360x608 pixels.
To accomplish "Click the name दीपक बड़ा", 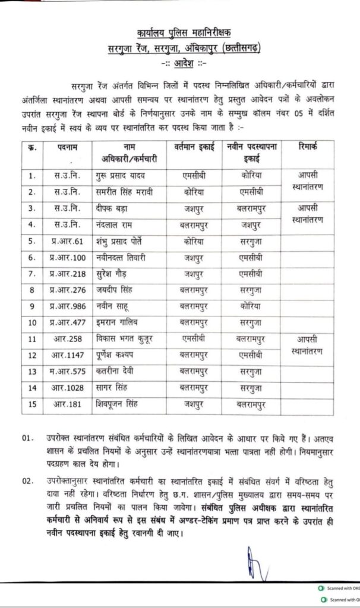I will (x=115, y=209).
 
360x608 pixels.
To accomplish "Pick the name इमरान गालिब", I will (x=119, y=322).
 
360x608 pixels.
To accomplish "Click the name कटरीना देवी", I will (x=118, y=371).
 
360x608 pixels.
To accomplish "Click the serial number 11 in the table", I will (x=32, y=339).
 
